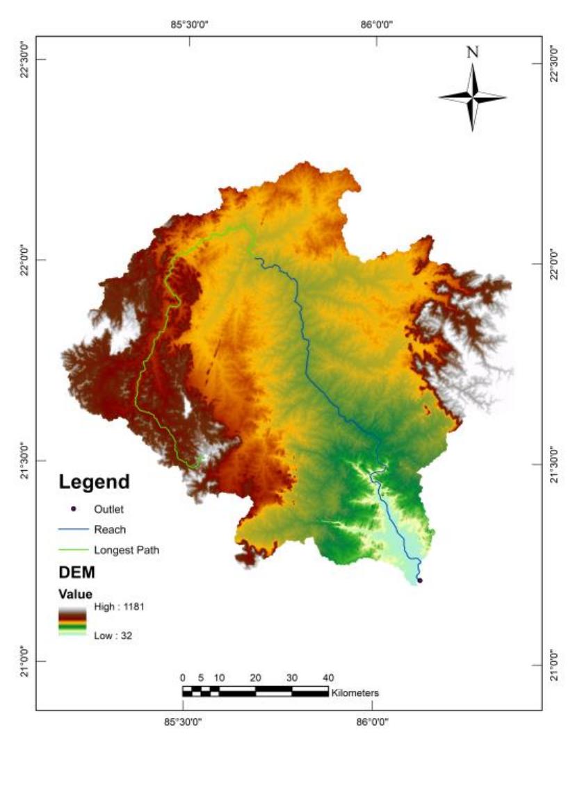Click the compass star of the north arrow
pyautogui.click(x=472, y=98)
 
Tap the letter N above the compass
pyautogui.click(x=472, y=52)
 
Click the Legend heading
pyautogui.click(x=94, y=481)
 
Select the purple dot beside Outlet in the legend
pyautogui.click(x=73, y=509)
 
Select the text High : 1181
pyautogui.click(x=119, y=606)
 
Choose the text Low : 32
pyautogui.click(x=113, y=635)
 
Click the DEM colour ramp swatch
pyautogui.click(x=72, y=620)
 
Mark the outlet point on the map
pyautogui.click(x=419, y=580)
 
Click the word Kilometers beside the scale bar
pyautogui.click(x=355, y=692)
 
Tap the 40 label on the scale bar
pyautogui.click(x=328, y=678)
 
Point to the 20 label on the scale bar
pyautogui.click(x=255, y=678)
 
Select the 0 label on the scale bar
pyautogui.click(x=182, y=678)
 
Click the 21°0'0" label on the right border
pyautogui.click(x=554, y=665)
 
